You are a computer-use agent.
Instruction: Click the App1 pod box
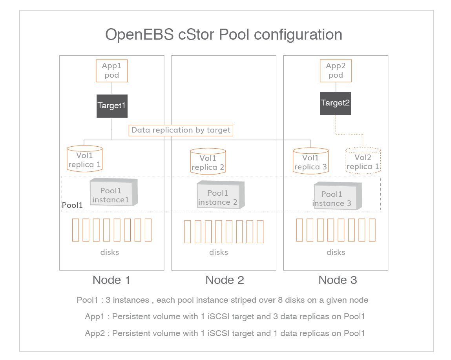point(112,71)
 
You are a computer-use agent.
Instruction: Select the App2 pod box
point(336,71)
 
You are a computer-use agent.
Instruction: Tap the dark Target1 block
point(112,106)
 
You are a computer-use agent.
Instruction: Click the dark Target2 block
point(336,103)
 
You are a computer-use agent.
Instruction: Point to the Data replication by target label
point(181,130)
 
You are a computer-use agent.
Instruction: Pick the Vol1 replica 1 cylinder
point(85,159)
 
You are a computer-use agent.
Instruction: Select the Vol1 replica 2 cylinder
point(208,162)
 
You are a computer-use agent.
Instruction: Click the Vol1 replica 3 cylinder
point(310,161)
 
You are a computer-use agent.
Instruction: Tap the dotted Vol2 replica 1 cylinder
point(363,161)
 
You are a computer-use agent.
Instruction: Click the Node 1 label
point(111,280)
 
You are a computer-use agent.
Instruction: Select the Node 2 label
point(225,280)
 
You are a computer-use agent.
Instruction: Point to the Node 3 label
point(338,280)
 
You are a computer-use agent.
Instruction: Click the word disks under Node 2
point(219,252)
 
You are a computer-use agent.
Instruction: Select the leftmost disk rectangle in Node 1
point(76,230)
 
